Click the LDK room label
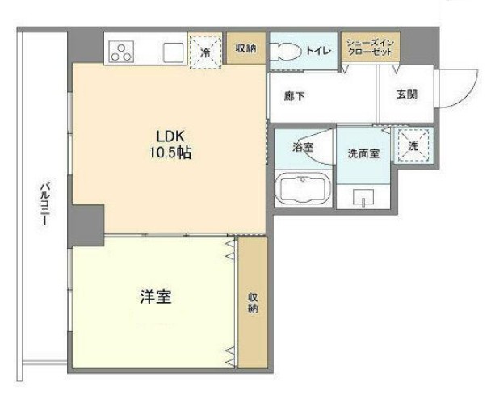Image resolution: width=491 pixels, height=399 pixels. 170,136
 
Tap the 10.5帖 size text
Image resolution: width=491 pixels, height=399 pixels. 170,153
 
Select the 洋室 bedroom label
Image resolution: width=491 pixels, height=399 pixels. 156,296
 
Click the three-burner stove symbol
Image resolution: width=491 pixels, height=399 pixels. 121,52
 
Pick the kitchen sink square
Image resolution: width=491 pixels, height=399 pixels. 173,52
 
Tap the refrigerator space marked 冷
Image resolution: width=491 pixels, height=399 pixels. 206,52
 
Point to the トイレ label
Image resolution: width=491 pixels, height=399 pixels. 318,50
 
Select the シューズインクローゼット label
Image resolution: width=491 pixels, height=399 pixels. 370,48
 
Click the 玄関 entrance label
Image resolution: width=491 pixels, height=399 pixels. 407,94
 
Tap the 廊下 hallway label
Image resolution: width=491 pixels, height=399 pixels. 295,96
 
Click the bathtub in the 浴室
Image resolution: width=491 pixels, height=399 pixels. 303,189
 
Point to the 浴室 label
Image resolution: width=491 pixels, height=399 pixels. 303,147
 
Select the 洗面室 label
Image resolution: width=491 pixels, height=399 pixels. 363,153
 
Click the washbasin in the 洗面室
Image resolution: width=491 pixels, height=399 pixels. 363,197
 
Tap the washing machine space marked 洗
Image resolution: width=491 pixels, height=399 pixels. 413,145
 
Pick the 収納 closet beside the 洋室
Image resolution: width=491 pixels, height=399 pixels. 253,303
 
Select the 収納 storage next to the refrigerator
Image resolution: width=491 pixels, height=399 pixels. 246,48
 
